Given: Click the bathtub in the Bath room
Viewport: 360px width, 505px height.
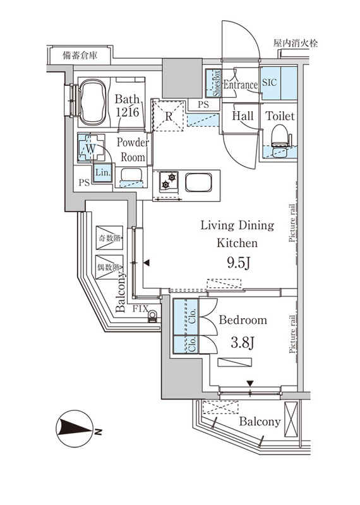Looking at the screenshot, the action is tap(93, 102).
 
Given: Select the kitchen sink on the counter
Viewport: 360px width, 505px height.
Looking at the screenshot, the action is tap(198, 182).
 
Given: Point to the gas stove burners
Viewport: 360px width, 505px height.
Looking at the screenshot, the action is tap(169, 181).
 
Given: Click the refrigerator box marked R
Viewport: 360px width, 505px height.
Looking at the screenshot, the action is tap(169, 116).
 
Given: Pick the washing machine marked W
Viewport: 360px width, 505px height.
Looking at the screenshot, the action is tap(91, 148).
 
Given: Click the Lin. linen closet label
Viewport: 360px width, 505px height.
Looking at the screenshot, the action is tap(103, 172).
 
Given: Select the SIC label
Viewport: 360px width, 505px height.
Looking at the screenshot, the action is tap(269, 83).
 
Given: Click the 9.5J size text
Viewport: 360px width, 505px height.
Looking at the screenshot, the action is tap(239, 263).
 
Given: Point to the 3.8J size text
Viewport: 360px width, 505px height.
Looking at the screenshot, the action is tap(243, 343).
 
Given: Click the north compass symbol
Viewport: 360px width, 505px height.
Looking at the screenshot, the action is tap(76, 429).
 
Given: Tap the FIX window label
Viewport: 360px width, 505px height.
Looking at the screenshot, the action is tap(141, 309).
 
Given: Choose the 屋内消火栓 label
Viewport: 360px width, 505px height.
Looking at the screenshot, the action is tap(295, 43).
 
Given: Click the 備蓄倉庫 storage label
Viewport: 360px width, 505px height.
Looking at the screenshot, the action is tap(80, 56).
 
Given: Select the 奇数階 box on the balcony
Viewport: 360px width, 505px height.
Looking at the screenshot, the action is tap(109, 238).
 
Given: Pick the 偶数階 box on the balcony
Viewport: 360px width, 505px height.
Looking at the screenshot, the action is tap(109, 267).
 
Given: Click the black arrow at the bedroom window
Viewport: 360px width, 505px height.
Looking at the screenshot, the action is tap(250, 384).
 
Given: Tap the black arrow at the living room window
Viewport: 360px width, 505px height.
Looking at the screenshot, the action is tap(147, 263).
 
